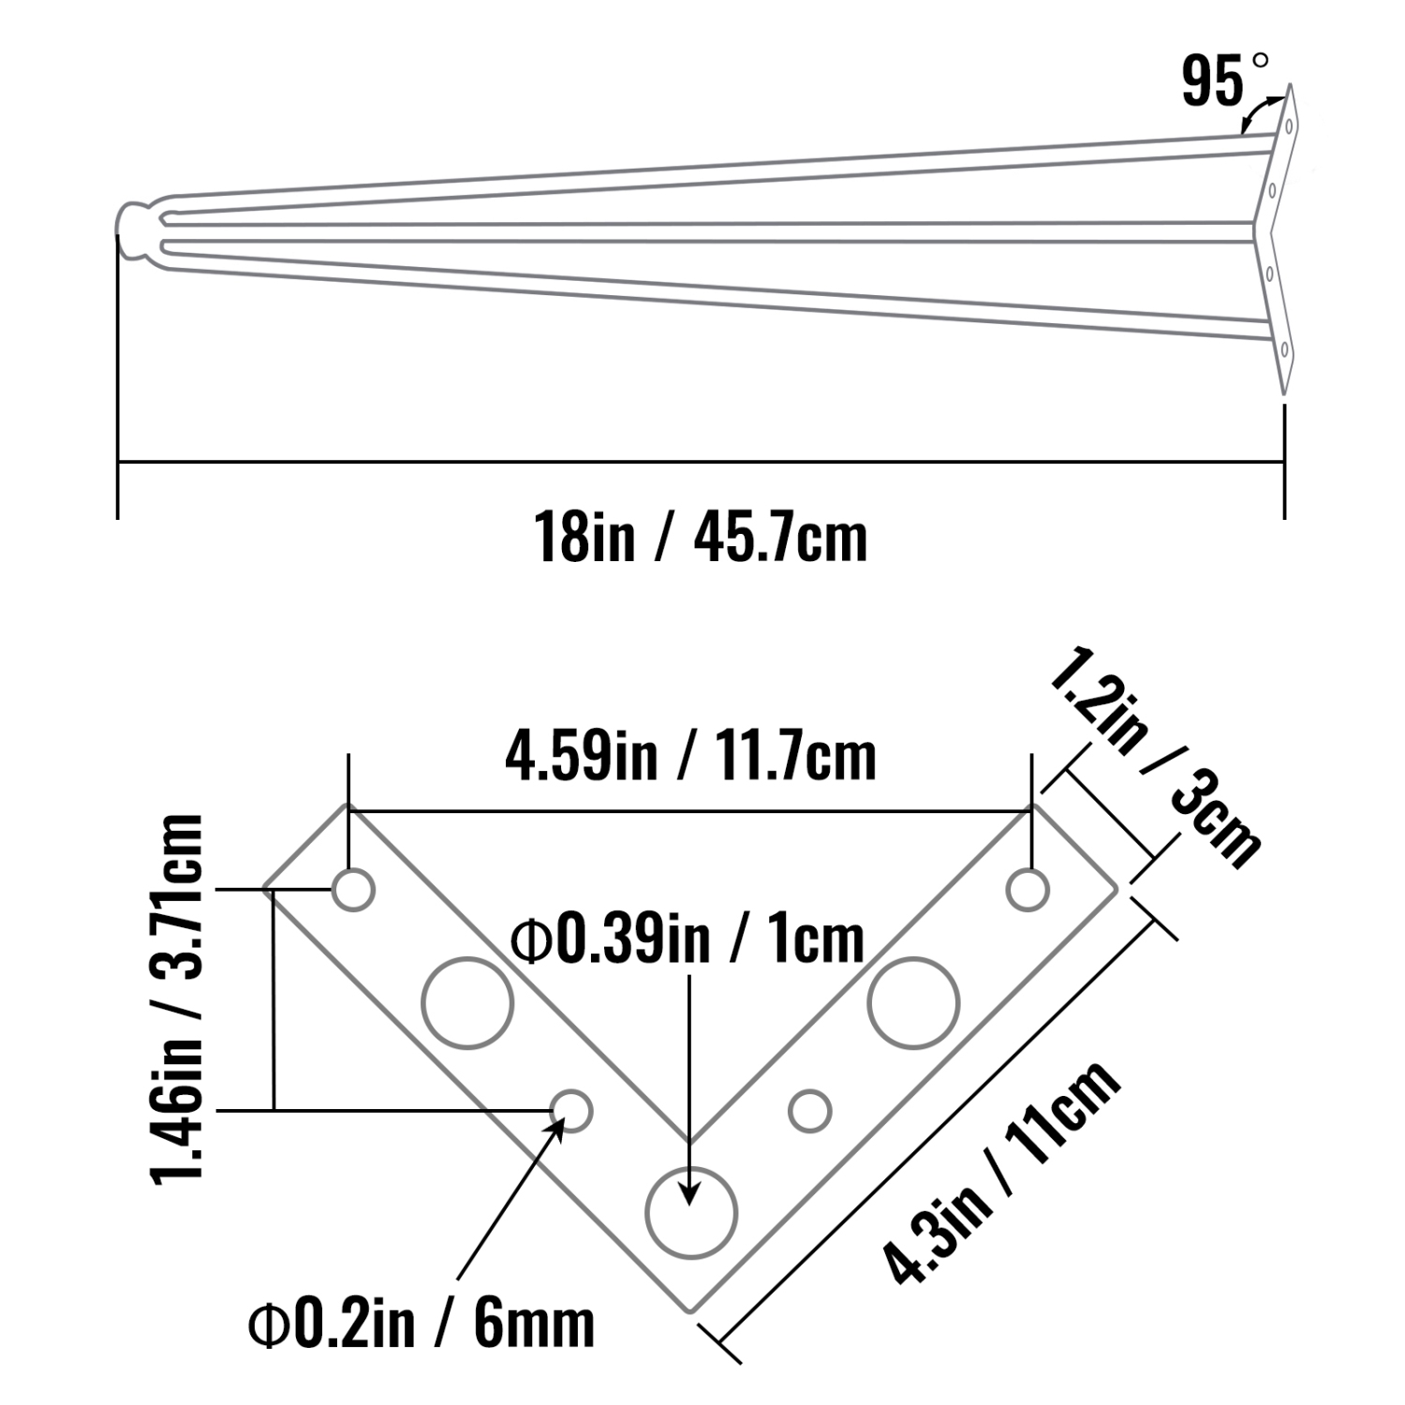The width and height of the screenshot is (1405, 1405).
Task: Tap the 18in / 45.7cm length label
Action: [x=701, y=538]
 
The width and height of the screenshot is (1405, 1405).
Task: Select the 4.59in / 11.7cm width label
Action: [x=690, y=758]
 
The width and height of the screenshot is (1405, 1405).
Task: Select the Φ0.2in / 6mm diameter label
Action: [x=421, y=1323]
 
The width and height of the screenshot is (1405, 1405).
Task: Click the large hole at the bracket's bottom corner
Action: [x=693, y=1213]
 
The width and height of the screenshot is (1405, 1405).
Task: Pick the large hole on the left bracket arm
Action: [x=467, y=1001]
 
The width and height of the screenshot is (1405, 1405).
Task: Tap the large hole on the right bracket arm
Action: [x=913, y=1001]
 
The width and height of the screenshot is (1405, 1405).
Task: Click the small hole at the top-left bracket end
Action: [x=354, y=889]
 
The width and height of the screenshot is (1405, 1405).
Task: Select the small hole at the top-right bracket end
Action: [x=1028, y=889]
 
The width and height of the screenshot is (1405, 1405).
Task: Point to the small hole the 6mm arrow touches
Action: [x=571, y=1111]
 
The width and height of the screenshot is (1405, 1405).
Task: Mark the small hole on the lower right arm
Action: [x=810, y=1111]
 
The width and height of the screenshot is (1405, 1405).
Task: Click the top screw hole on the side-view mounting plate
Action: [x=1289, y=125]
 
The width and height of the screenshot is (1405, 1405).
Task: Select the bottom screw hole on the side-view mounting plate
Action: [x=1285, y=350]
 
